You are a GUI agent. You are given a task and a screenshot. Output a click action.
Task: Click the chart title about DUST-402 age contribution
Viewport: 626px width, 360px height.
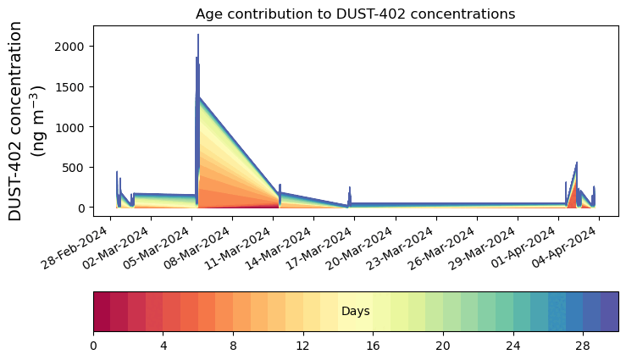point(355,14)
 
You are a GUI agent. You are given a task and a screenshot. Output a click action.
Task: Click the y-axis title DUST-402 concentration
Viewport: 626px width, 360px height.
point(15,121)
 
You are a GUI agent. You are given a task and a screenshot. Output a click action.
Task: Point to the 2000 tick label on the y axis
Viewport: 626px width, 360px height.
point(69,47)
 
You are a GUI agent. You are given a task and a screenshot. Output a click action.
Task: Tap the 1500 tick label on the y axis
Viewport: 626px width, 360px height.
point(69,87)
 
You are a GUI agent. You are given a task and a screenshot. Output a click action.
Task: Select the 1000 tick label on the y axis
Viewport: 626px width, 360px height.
point(69,127)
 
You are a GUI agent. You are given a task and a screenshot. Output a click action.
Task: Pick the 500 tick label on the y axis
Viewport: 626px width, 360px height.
point(74,168)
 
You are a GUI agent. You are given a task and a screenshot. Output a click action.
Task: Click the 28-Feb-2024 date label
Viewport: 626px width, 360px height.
point(75,248)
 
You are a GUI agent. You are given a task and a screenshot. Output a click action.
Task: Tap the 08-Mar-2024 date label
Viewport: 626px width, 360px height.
point(197,248)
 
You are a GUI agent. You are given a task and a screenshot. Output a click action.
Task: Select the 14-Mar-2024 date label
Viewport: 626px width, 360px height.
point(279,248)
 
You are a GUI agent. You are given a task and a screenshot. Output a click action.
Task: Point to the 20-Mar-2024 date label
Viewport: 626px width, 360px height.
point(360,248)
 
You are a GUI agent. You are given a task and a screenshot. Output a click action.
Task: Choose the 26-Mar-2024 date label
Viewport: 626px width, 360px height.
point(441,248)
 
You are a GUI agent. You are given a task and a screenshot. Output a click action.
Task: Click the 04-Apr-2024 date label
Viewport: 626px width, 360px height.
point(563,248)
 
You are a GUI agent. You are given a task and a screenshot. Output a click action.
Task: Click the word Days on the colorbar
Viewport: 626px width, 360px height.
point(355,312)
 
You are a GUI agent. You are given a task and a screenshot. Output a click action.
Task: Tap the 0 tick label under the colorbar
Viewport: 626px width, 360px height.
point(93,346)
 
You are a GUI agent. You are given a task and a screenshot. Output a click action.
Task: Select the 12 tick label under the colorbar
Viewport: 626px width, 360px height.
point(303,346)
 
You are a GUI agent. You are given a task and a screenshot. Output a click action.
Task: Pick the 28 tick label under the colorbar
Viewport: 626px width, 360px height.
point(583,346)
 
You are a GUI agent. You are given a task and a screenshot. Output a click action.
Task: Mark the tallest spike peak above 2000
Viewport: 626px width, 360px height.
point(198,35)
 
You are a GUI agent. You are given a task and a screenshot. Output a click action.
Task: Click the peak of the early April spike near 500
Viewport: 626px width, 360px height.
point(577,163)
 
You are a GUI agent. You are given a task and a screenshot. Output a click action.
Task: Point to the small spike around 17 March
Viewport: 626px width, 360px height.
point(350,187)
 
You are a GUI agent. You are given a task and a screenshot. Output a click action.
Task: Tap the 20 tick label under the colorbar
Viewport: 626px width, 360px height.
point(443,346)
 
